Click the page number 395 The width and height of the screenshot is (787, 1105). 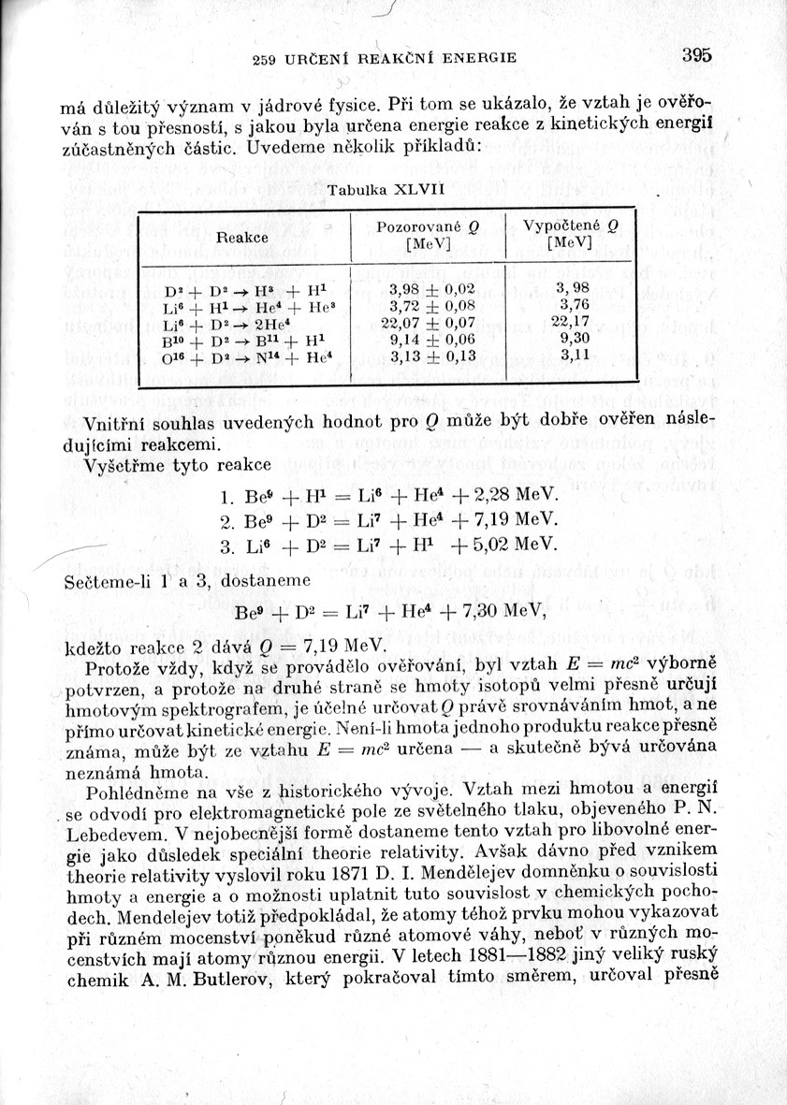pos(696,55)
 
